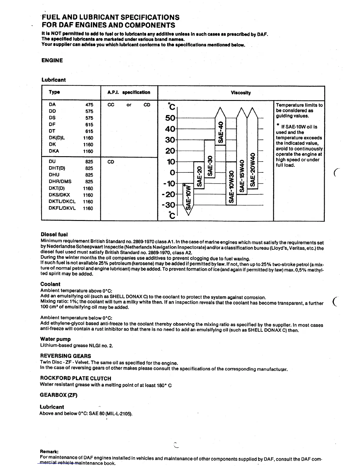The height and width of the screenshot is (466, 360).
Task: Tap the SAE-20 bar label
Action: (199, 176)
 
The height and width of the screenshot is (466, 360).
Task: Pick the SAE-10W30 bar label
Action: (231, 187)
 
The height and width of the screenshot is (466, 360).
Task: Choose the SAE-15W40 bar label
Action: (242, 176)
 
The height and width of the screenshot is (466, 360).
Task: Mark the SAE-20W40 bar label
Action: (252, 170)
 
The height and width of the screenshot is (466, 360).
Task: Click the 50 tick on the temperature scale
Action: (170, 118)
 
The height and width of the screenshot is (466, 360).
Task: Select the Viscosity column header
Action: (241, 93)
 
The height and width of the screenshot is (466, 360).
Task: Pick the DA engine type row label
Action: (52, 104)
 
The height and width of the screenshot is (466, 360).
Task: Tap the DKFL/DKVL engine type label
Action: (62, 208)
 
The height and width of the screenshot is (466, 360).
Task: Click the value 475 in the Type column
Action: (89, 105)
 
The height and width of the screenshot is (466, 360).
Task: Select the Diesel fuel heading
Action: (54, 234)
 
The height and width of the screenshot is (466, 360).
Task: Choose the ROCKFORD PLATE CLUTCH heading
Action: (76, 378)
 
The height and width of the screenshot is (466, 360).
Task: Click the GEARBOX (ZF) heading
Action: (59, 395)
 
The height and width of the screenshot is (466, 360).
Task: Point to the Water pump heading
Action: (55, 339)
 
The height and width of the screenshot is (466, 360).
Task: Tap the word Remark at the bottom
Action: (49, 451)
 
